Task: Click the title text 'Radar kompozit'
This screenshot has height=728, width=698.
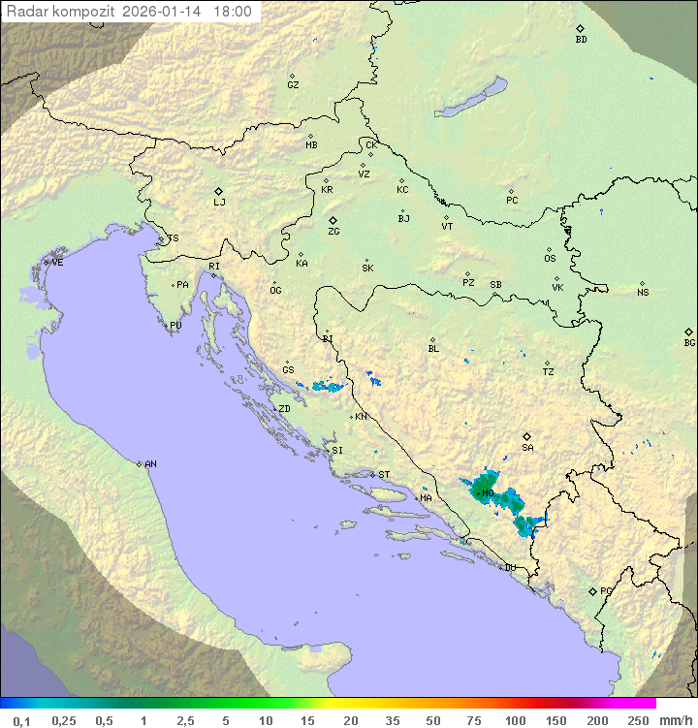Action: coord(60,13)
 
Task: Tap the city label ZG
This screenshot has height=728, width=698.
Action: coord(333,232)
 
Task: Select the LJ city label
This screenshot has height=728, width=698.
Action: coord(219,203)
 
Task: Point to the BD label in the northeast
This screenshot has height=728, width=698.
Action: coord(581,40)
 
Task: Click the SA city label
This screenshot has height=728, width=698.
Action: coord(527,447)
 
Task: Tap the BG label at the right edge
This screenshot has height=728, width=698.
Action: coord(689,342)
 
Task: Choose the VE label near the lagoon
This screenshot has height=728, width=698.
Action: coord(57,263)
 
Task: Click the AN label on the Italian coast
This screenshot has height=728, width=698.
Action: coord(150,464)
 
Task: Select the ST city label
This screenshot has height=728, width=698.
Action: coord(384,475)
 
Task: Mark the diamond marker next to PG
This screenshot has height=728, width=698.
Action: coord(592,590)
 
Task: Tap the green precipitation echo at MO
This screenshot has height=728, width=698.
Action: coord(482,491)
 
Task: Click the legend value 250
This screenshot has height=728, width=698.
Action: coord(637,720)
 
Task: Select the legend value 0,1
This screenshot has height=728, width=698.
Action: coord(21,720)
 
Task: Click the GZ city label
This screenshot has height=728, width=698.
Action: coord(293,84)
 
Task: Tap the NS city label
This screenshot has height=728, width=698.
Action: coord(643,292)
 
